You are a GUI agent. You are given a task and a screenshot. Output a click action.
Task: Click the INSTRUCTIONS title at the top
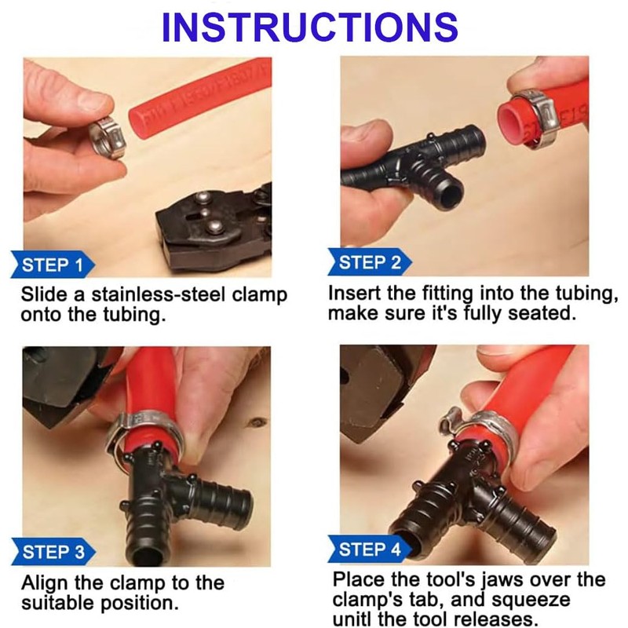coord(309,27)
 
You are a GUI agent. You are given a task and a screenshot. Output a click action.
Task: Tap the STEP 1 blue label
coord(53,265)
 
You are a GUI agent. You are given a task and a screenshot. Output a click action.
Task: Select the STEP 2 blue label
coord(370,262)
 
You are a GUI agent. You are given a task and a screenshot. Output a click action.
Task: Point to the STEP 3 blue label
coord(53,552)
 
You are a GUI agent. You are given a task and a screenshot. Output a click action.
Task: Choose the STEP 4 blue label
coord(370,549)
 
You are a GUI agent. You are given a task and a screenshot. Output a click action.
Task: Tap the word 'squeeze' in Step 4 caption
coord(536,600)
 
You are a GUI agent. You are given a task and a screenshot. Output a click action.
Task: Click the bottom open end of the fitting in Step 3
coord(148,556)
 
